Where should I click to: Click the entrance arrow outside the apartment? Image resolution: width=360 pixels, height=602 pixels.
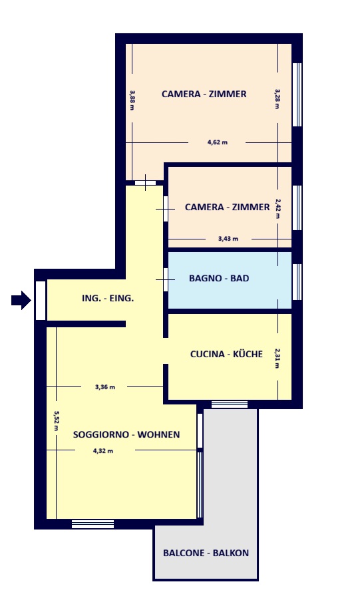21,300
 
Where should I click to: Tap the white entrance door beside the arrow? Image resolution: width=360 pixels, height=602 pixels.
41,300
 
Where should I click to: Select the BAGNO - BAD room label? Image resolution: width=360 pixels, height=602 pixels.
219,278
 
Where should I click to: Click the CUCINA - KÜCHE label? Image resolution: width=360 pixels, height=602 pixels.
226,354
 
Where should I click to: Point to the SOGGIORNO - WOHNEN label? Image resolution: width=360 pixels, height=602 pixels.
126,434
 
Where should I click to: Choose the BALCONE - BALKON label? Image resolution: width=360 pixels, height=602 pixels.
206,553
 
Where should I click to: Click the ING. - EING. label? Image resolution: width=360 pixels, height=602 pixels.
108,298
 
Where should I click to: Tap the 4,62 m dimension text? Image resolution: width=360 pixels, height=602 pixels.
218,142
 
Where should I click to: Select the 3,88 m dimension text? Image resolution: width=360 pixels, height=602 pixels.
132,100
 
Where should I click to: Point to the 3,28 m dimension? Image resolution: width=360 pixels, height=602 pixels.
277,99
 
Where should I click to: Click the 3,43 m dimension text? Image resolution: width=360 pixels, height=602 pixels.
228,238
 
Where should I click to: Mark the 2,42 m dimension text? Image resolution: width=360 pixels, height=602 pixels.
277,208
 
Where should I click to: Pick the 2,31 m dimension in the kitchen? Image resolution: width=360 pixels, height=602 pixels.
277,358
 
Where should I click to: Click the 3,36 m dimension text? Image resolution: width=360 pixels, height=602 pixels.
105,387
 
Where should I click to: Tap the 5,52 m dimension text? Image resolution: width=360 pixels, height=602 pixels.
56,421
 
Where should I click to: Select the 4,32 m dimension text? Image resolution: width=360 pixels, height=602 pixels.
103,451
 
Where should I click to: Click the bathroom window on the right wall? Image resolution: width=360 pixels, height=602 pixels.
297,281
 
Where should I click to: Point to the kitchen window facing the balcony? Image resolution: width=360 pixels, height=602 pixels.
230,404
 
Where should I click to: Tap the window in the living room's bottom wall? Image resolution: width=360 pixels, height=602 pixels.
93,524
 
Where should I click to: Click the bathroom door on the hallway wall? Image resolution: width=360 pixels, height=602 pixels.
166,279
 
